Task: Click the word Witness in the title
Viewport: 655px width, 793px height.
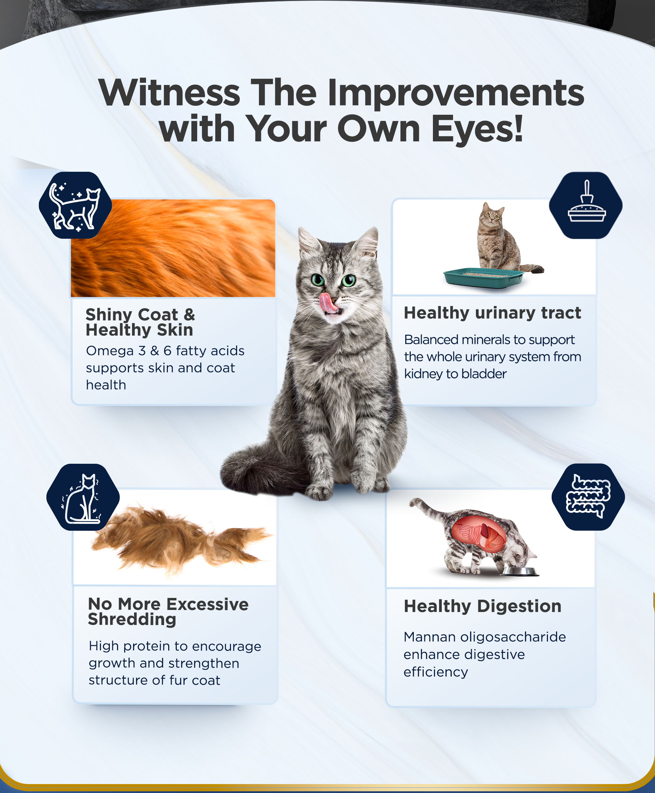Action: click(x=170, y=93)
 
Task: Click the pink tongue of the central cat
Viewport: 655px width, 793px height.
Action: click(x=327, y=303)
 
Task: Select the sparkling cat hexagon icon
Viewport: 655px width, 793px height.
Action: click(x=75, y=205)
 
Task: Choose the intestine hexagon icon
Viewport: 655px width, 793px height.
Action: click(x=588, y=497)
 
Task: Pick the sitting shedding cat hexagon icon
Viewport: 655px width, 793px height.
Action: click(x=83, y=497)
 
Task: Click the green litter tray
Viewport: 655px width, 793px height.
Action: click(x=484, y=278)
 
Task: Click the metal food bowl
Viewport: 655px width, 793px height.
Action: click(x=520, y=571)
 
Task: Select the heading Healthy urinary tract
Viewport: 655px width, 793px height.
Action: click(x=492, y=313)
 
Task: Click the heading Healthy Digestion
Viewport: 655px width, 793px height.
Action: click(x=483, y=606)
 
